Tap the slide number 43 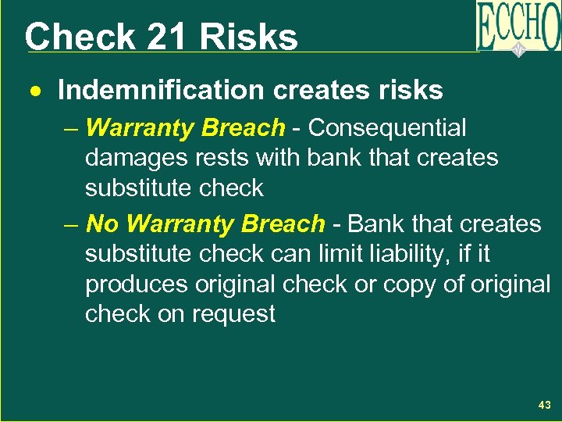coord(544,405)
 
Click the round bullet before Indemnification coord(36,91)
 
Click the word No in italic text coord(101,224)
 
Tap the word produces coord(136,284)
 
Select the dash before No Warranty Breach coord(72,224)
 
